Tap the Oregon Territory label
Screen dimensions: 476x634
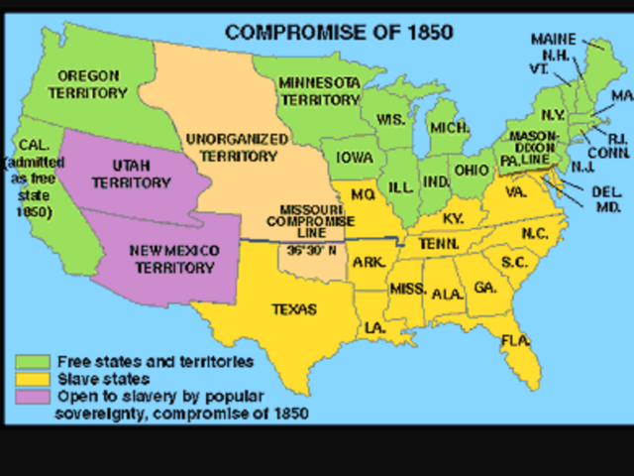point(88,84)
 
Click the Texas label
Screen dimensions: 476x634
point(294,309)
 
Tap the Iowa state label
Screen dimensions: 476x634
point(353,157)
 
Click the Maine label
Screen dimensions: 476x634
point(553,39)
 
